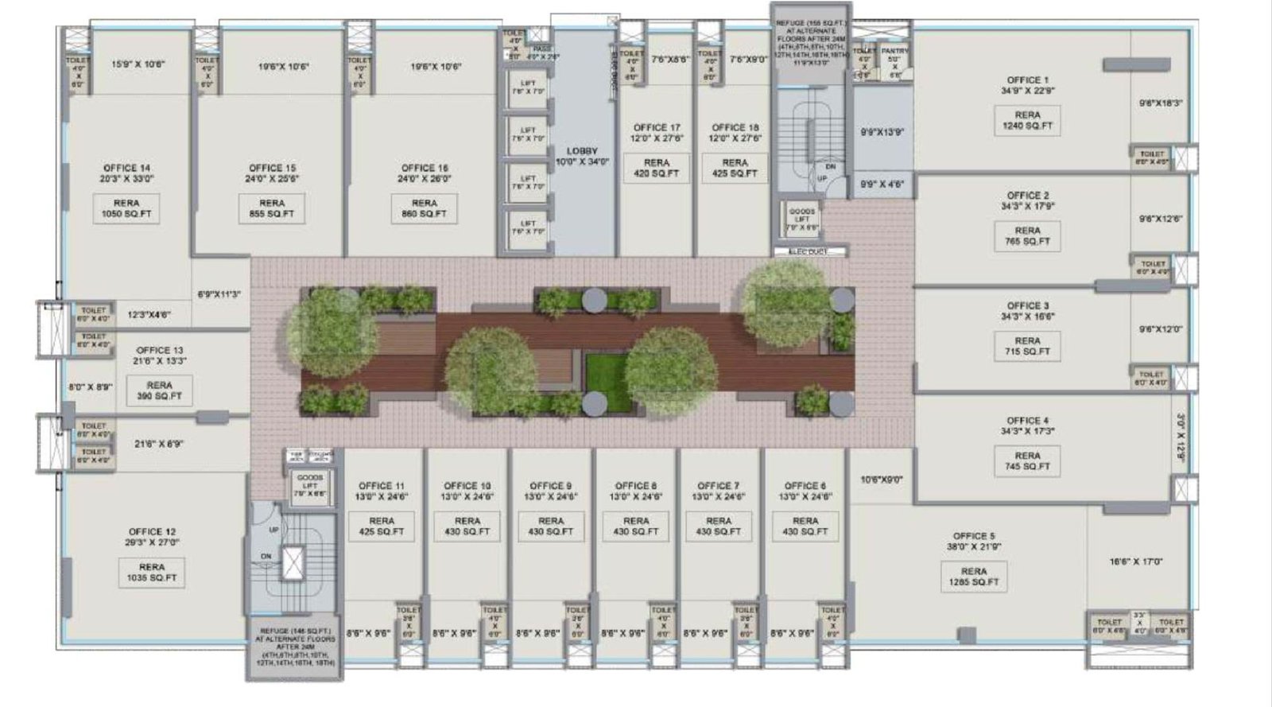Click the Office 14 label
126,168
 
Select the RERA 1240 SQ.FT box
1027,121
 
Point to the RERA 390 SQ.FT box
159,390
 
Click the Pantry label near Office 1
894,51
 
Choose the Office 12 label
152,532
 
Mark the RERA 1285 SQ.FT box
973,577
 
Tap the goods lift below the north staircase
801,217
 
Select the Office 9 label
550,486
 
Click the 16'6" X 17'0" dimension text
1136,561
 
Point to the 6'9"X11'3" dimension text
219,294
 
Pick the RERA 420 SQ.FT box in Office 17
657,168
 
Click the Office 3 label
1027,305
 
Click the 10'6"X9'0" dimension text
881,480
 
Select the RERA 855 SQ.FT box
271,208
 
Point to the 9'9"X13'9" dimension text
882,133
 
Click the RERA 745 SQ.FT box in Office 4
1027,461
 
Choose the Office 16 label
425,168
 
